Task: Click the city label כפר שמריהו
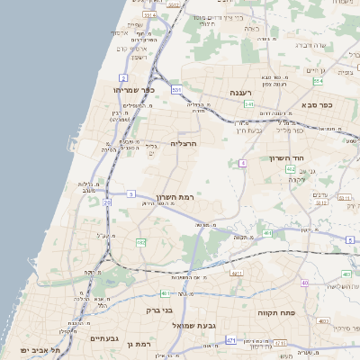click(134, 90)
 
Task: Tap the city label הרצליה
click(183, 143)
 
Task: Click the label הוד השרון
click(289, 158)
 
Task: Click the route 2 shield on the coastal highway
click(122, 78)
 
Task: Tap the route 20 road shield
click(107, 202)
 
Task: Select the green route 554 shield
click(318, 81)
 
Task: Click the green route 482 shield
click(141, 242)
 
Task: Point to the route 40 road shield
click(305, 283)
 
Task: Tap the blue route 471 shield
click(231, 340)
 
